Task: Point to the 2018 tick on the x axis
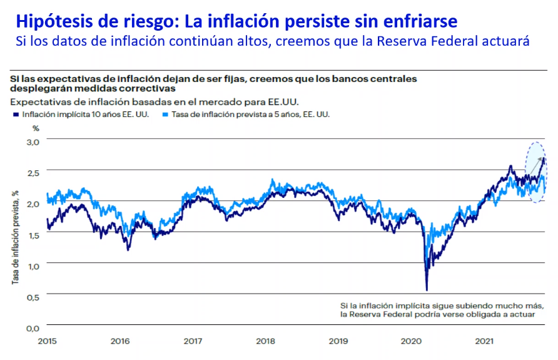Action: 266,341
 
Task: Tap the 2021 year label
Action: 485,341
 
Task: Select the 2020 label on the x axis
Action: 412,341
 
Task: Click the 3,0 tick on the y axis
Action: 33,142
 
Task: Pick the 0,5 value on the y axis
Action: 33,296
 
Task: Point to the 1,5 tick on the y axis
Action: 33,235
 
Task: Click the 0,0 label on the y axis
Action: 33,327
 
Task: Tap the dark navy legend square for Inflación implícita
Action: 14,115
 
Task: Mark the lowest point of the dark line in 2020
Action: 427,290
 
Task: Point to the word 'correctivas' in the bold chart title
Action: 136,88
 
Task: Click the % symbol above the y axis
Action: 36,128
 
